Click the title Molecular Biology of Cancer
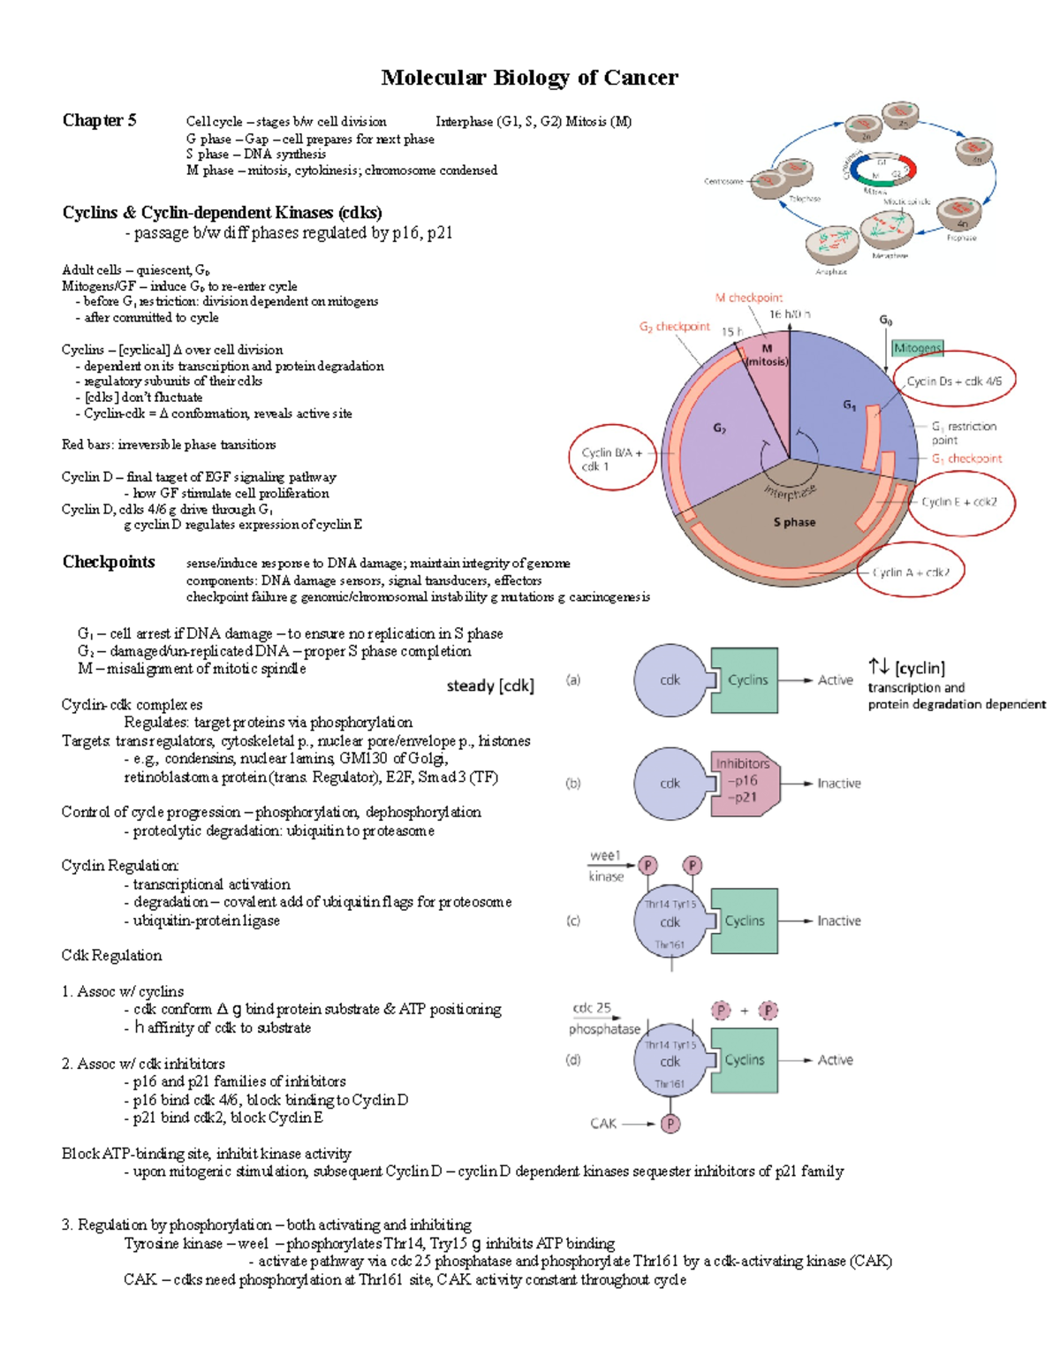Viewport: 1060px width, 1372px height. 529,78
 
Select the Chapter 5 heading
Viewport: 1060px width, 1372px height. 99,120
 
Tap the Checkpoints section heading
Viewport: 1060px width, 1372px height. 109,562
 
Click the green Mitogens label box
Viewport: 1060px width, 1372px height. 917,348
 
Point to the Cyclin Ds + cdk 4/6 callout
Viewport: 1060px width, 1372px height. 954,382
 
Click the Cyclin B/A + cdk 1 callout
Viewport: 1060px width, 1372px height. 612,459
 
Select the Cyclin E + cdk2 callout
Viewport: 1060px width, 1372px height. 958,502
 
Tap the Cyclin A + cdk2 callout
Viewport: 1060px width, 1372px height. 910,572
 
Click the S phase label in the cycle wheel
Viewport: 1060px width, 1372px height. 794,522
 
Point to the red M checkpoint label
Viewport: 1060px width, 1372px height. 748,298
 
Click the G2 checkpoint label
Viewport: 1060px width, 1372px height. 674,326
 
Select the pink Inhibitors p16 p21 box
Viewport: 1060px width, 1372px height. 744,780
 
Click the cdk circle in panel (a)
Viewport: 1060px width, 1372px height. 670,679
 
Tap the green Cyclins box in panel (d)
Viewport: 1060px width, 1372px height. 745,1059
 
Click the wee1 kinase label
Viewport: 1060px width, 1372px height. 606,866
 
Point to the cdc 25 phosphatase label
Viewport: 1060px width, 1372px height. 603,1019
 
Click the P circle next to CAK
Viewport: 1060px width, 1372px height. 670,1124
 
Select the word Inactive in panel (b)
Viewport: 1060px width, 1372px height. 838,783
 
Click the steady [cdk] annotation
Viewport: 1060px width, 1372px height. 490,686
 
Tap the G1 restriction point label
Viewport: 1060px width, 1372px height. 964,433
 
